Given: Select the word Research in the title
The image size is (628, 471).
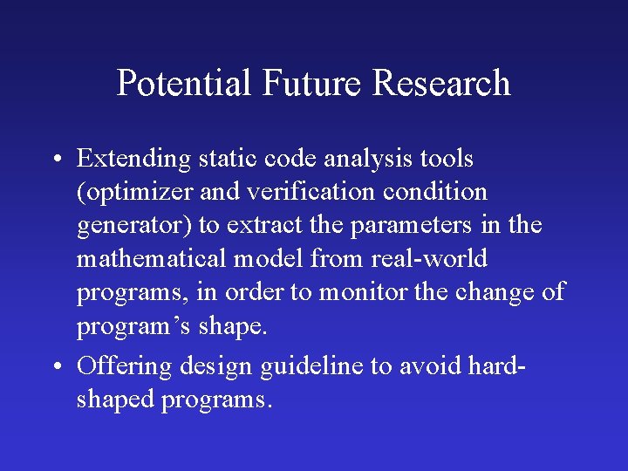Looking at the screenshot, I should click(441, 84).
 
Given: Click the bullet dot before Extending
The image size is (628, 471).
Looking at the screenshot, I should click(55, 160).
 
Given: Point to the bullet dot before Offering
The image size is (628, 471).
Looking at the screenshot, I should click(55, 366).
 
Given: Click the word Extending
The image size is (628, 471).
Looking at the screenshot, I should click(133, 160).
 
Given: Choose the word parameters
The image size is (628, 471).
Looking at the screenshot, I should click(413, 226).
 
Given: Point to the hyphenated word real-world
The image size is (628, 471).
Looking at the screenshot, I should click(429, 259).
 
